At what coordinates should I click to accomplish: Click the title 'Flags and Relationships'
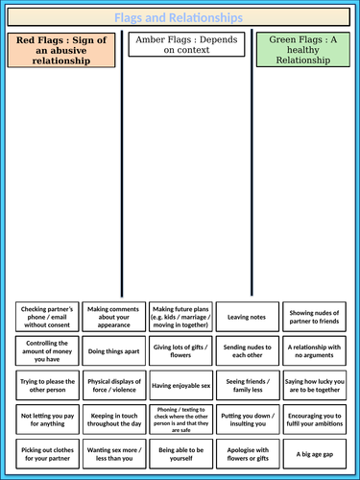coord(180,16)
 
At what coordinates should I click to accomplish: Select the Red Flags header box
coord(60,50)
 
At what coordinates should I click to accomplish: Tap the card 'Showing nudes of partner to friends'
coord(313,316)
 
